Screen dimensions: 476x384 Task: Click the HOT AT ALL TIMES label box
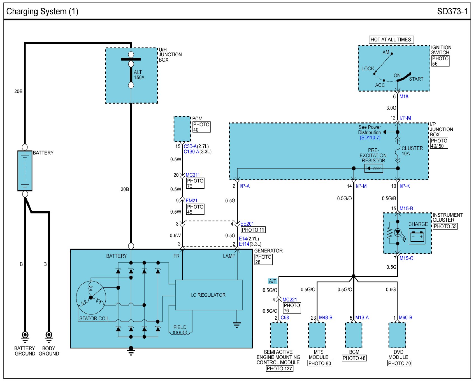(391, 40)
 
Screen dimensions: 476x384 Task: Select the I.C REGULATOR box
(209, 295)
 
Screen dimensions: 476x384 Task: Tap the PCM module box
(182, 129)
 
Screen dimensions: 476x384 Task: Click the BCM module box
(354, 335)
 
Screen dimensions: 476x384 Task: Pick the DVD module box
(397, 335)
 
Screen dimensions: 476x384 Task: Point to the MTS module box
(317, 335)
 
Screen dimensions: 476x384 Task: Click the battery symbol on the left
(25, 171)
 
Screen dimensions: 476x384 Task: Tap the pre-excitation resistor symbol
(374, 168)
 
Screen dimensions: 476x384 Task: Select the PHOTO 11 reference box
(253, 230)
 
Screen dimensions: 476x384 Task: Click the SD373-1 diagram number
(452, 11)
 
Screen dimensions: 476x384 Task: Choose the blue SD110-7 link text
(370, 138)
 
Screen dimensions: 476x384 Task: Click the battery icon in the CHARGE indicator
(417, 237)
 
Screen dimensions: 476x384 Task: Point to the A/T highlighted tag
(273, 281)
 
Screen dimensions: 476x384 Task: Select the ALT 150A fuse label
(139, 75)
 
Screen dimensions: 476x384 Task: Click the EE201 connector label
(247, 224)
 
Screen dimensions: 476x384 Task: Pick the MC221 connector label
(290, 300)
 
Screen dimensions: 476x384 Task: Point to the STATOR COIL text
(94, 319)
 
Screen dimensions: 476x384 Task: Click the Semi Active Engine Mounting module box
(279, 335)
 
